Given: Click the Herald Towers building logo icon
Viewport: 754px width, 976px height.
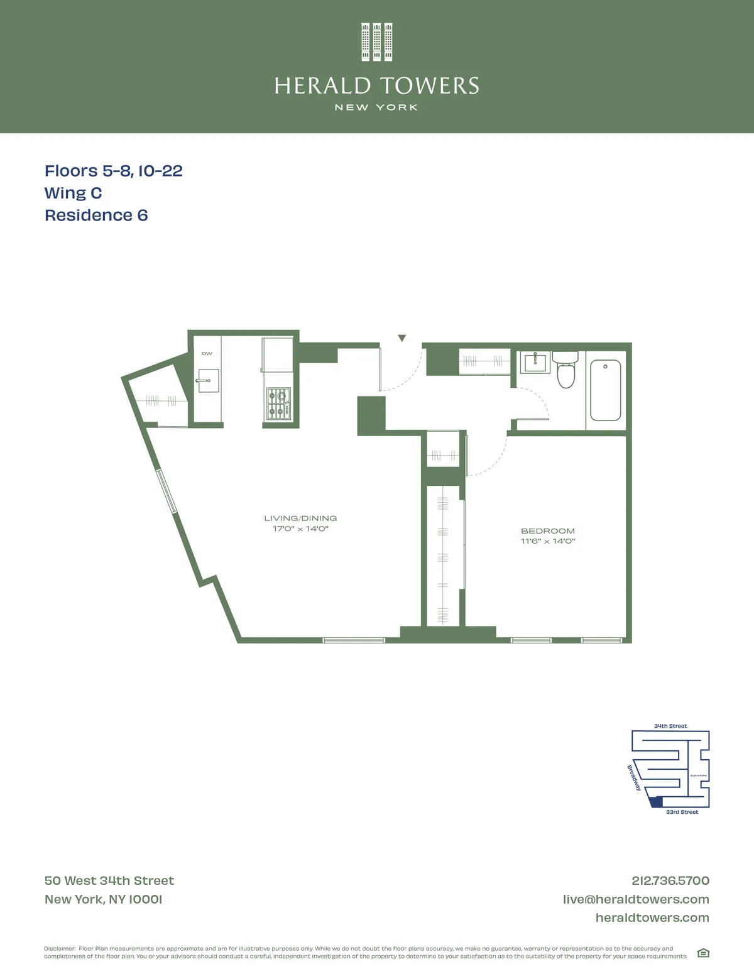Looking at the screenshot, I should coord(377,42).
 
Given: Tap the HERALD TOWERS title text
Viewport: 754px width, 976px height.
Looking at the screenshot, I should coord(377,86).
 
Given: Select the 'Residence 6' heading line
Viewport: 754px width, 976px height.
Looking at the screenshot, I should coord(96,216).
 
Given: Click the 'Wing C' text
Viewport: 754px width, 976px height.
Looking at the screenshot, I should coord(73,194).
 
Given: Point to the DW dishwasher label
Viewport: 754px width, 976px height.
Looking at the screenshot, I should coord(207,354).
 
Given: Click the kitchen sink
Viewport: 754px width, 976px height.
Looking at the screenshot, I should coord(208,380).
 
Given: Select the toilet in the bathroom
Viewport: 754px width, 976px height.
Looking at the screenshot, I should coord(566,371).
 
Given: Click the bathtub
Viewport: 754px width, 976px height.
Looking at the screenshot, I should coord(605,390).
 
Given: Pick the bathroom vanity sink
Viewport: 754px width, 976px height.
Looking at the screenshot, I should coord(535,362).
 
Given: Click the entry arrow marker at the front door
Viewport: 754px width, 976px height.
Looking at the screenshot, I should coord(402,338).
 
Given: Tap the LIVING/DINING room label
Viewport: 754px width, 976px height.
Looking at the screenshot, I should coord(300,518).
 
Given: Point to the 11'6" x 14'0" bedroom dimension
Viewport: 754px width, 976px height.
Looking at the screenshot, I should coord(548,541).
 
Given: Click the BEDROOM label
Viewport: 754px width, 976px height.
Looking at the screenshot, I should coord(548,531).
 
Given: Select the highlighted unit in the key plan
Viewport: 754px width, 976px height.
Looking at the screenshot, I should coord(657,802).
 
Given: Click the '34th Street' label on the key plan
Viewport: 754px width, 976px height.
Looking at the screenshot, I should coord(670,726).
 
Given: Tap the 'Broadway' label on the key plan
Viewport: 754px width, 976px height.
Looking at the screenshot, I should coord(634,777).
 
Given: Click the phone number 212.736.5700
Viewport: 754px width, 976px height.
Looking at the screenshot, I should coord(670,881).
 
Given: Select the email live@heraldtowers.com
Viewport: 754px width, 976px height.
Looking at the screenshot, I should coord(636,899).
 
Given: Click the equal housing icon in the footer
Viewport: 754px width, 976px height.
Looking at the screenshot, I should coord(703,953).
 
